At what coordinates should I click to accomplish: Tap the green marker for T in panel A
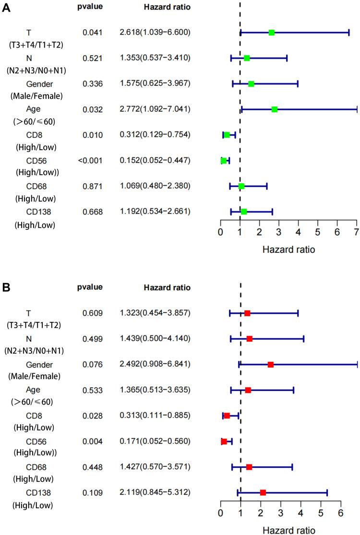coord(272,33)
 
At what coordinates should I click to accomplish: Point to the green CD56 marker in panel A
coord(224,161)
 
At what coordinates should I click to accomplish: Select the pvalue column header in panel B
coord(91,287)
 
